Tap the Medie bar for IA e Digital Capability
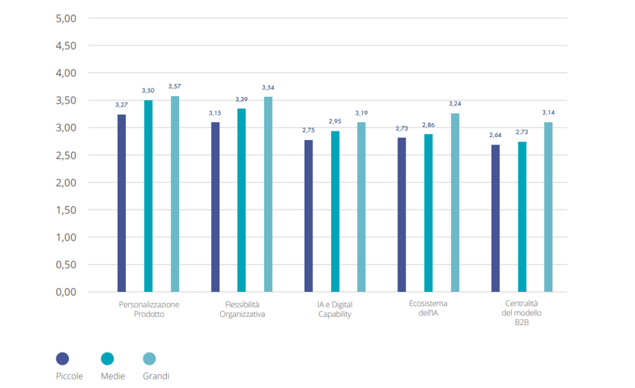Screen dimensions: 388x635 point(335,211)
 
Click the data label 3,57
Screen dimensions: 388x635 point(174,86)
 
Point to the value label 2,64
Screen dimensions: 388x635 point(495,134)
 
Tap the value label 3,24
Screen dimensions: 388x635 point(455,104)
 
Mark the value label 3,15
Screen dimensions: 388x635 point(215,112)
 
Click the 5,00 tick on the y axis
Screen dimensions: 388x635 point(66,19)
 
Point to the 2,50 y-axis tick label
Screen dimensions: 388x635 point(66,155)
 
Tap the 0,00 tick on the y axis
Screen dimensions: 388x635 point(66,292)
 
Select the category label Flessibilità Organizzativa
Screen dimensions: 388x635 point(242,309)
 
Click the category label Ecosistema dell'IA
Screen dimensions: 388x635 point(428,308)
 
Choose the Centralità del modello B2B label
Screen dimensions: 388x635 point(522,313)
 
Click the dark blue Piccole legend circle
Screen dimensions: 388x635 point(63,358)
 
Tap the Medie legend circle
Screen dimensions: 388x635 point(107,358)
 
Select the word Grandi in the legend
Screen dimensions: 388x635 point(156,376)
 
